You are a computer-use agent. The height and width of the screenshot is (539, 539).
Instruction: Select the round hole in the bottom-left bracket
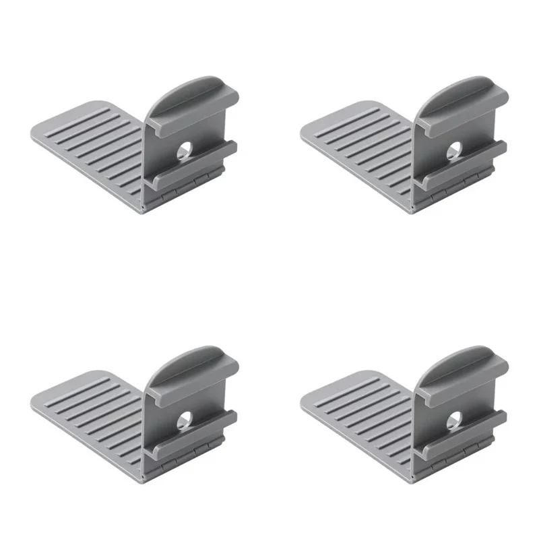coord(184,420)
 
